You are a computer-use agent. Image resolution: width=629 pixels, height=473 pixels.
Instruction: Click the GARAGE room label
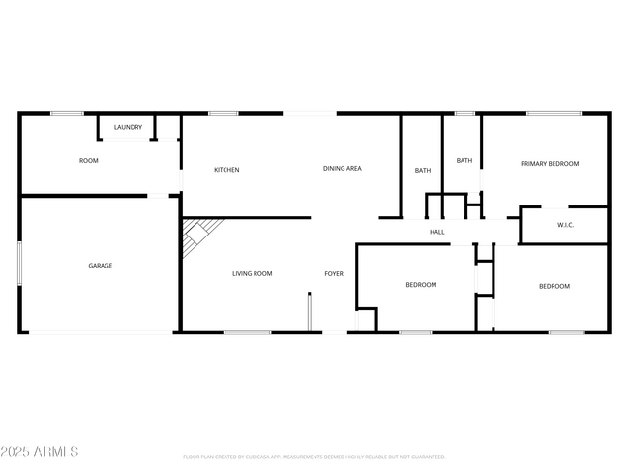coord(101,266)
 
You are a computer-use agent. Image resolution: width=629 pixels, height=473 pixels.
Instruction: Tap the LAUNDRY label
coord(128,128)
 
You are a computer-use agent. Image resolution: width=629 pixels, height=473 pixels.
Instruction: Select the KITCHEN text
coord(226,170)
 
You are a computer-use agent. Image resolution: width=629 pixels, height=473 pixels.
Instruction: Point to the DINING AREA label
coord(342,169)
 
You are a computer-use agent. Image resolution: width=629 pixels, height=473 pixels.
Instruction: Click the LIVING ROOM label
coord(252,274)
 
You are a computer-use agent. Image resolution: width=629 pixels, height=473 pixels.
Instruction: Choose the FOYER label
coord(333,274)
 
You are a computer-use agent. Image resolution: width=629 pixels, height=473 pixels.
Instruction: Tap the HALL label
coord(437,232)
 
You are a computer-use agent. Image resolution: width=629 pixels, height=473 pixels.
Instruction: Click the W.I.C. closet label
coord(566,226)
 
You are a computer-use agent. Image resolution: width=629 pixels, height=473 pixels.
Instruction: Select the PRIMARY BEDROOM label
coord(550,164)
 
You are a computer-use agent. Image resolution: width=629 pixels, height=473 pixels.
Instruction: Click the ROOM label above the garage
coord(89,160)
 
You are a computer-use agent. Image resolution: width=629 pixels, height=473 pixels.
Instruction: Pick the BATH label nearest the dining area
coord(423,171)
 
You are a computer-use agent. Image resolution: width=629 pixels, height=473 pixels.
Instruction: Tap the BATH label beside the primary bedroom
coord(464,161)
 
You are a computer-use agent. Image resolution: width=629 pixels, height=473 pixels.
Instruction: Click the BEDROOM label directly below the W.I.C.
coord(554,286)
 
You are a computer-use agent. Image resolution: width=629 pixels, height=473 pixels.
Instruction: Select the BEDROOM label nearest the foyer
coord(421,285)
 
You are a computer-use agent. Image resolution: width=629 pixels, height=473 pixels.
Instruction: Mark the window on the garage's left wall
coord(20,264)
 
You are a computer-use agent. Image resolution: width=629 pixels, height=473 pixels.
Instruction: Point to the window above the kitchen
coord(224,114)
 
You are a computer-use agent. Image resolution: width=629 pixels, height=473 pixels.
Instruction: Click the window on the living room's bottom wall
coord(247,332)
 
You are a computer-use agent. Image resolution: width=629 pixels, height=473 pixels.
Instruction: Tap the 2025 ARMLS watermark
coord(41,452)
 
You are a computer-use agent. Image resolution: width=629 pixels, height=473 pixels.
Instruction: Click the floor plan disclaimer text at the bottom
coord(314,457)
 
